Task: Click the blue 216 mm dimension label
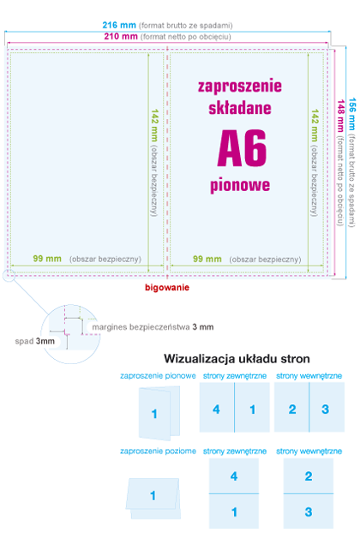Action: click(120, 26)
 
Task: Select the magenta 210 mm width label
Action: click(120, 37)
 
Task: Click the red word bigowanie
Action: click(167, 264)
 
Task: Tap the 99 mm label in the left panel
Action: click(47, 235)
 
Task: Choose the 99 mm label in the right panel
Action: click(207, 235)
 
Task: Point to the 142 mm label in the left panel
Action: click(154, 125)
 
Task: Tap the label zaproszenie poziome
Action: click(158, 451)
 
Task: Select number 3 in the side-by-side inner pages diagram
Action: click(325, 409)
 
